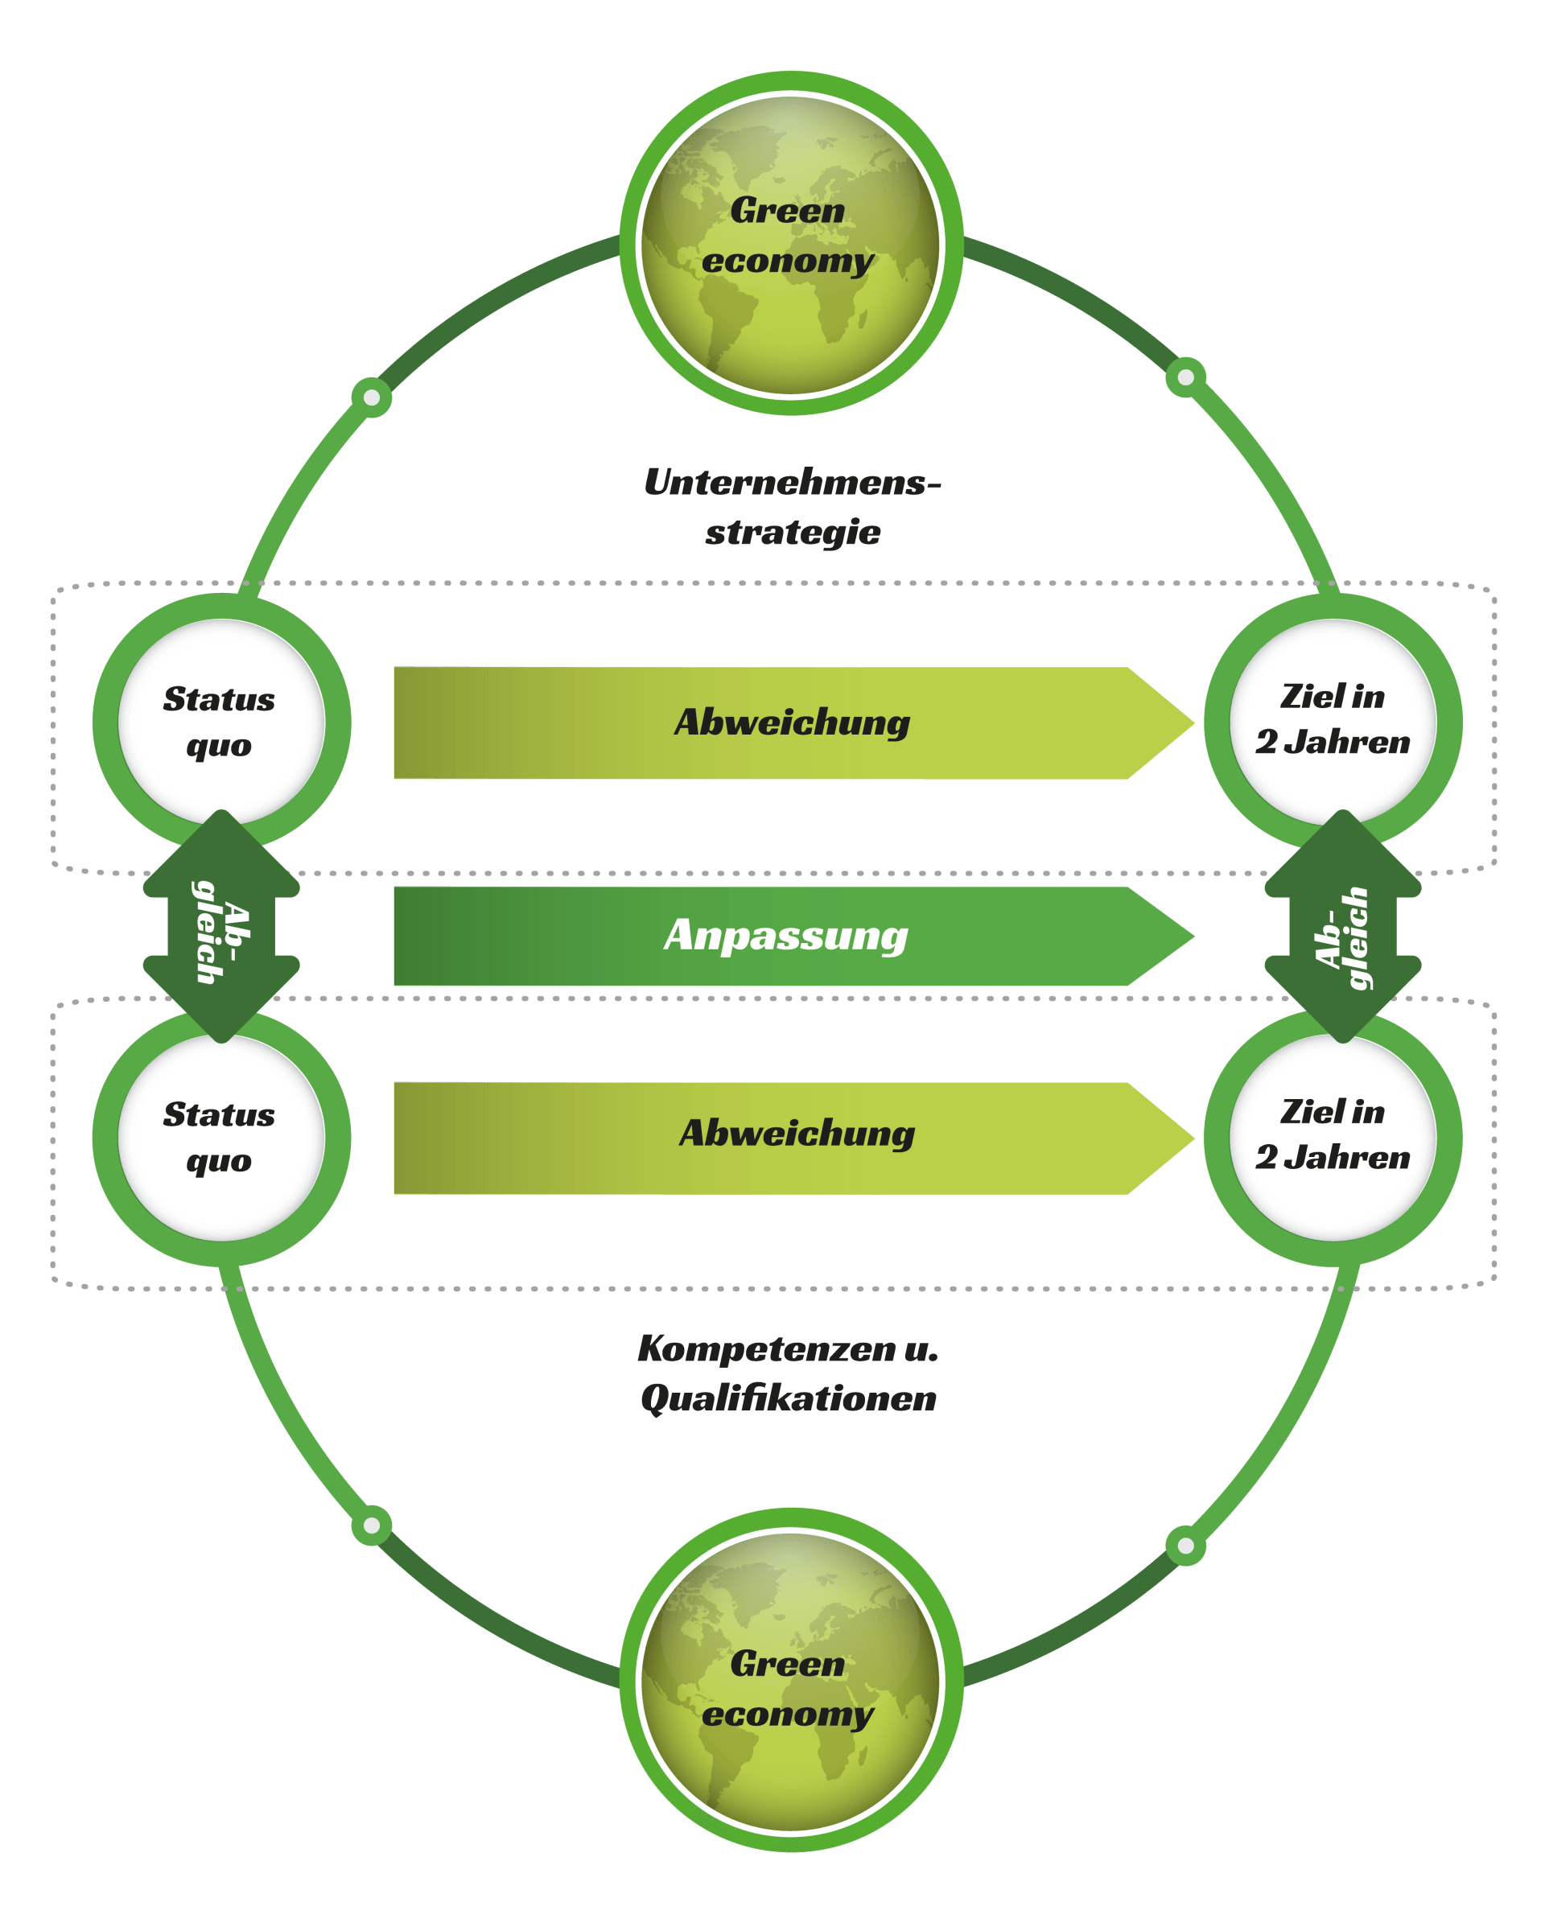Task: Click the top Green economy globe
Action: [791, 243]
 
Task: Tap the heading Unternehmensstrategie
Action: [792, 507]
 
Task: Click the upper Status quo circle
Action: [221, 722]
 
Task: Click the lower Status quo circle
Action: [221, 1138]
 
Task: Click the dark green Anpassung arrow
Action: [538, 936]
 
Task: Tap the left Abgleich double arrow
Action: [221, 927]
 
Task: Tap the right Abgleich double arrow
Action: [1341, 927]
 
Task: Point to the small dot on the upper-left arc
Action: [372, 397]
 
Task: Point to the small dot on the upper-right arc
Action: [1185, 377]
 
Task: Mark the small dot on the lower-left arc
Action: [372, 1525]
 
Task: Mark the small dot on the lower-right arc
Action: [1185, 1545]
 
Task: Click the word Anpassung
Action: [785, 936]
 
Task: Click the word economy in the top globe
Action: [787, 261]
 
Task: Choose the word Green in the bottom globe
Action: [787, 1664]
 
